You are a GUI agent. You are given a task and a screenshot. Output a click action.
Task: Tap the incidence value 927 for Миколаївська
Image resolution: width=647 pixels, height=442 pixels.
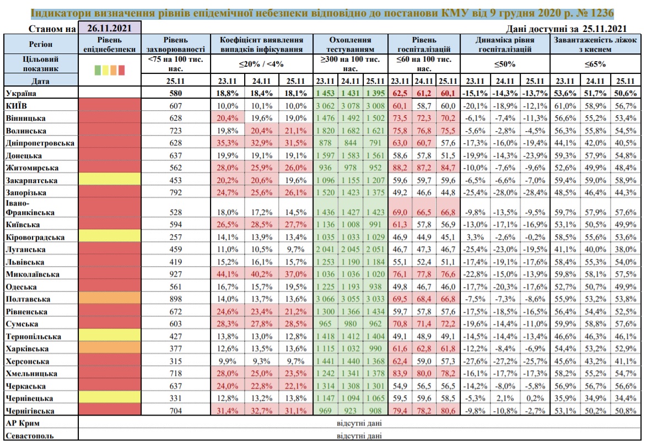(176, 274)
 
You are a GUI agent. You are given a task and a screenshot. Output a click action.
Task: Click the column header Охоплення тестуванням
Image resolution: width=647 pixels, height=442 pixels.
(350, 45)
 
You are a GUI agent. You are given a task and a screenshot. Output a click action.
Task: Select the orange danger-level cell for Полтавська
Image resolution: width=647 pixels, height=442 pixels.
(110, 299)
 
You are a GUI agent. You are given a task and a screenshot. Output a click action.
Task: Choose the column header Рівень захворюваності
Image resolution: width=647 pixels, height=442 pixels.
(176, 45)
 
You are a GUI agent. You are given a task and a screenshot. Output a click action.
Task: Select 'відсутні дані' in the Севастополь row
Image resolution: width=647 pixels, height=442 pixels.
(359, 435)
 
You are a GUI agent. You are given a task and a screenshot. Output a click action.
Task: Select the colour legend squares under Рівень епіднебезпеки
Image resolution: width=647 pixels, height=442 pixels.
(110, 69)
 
